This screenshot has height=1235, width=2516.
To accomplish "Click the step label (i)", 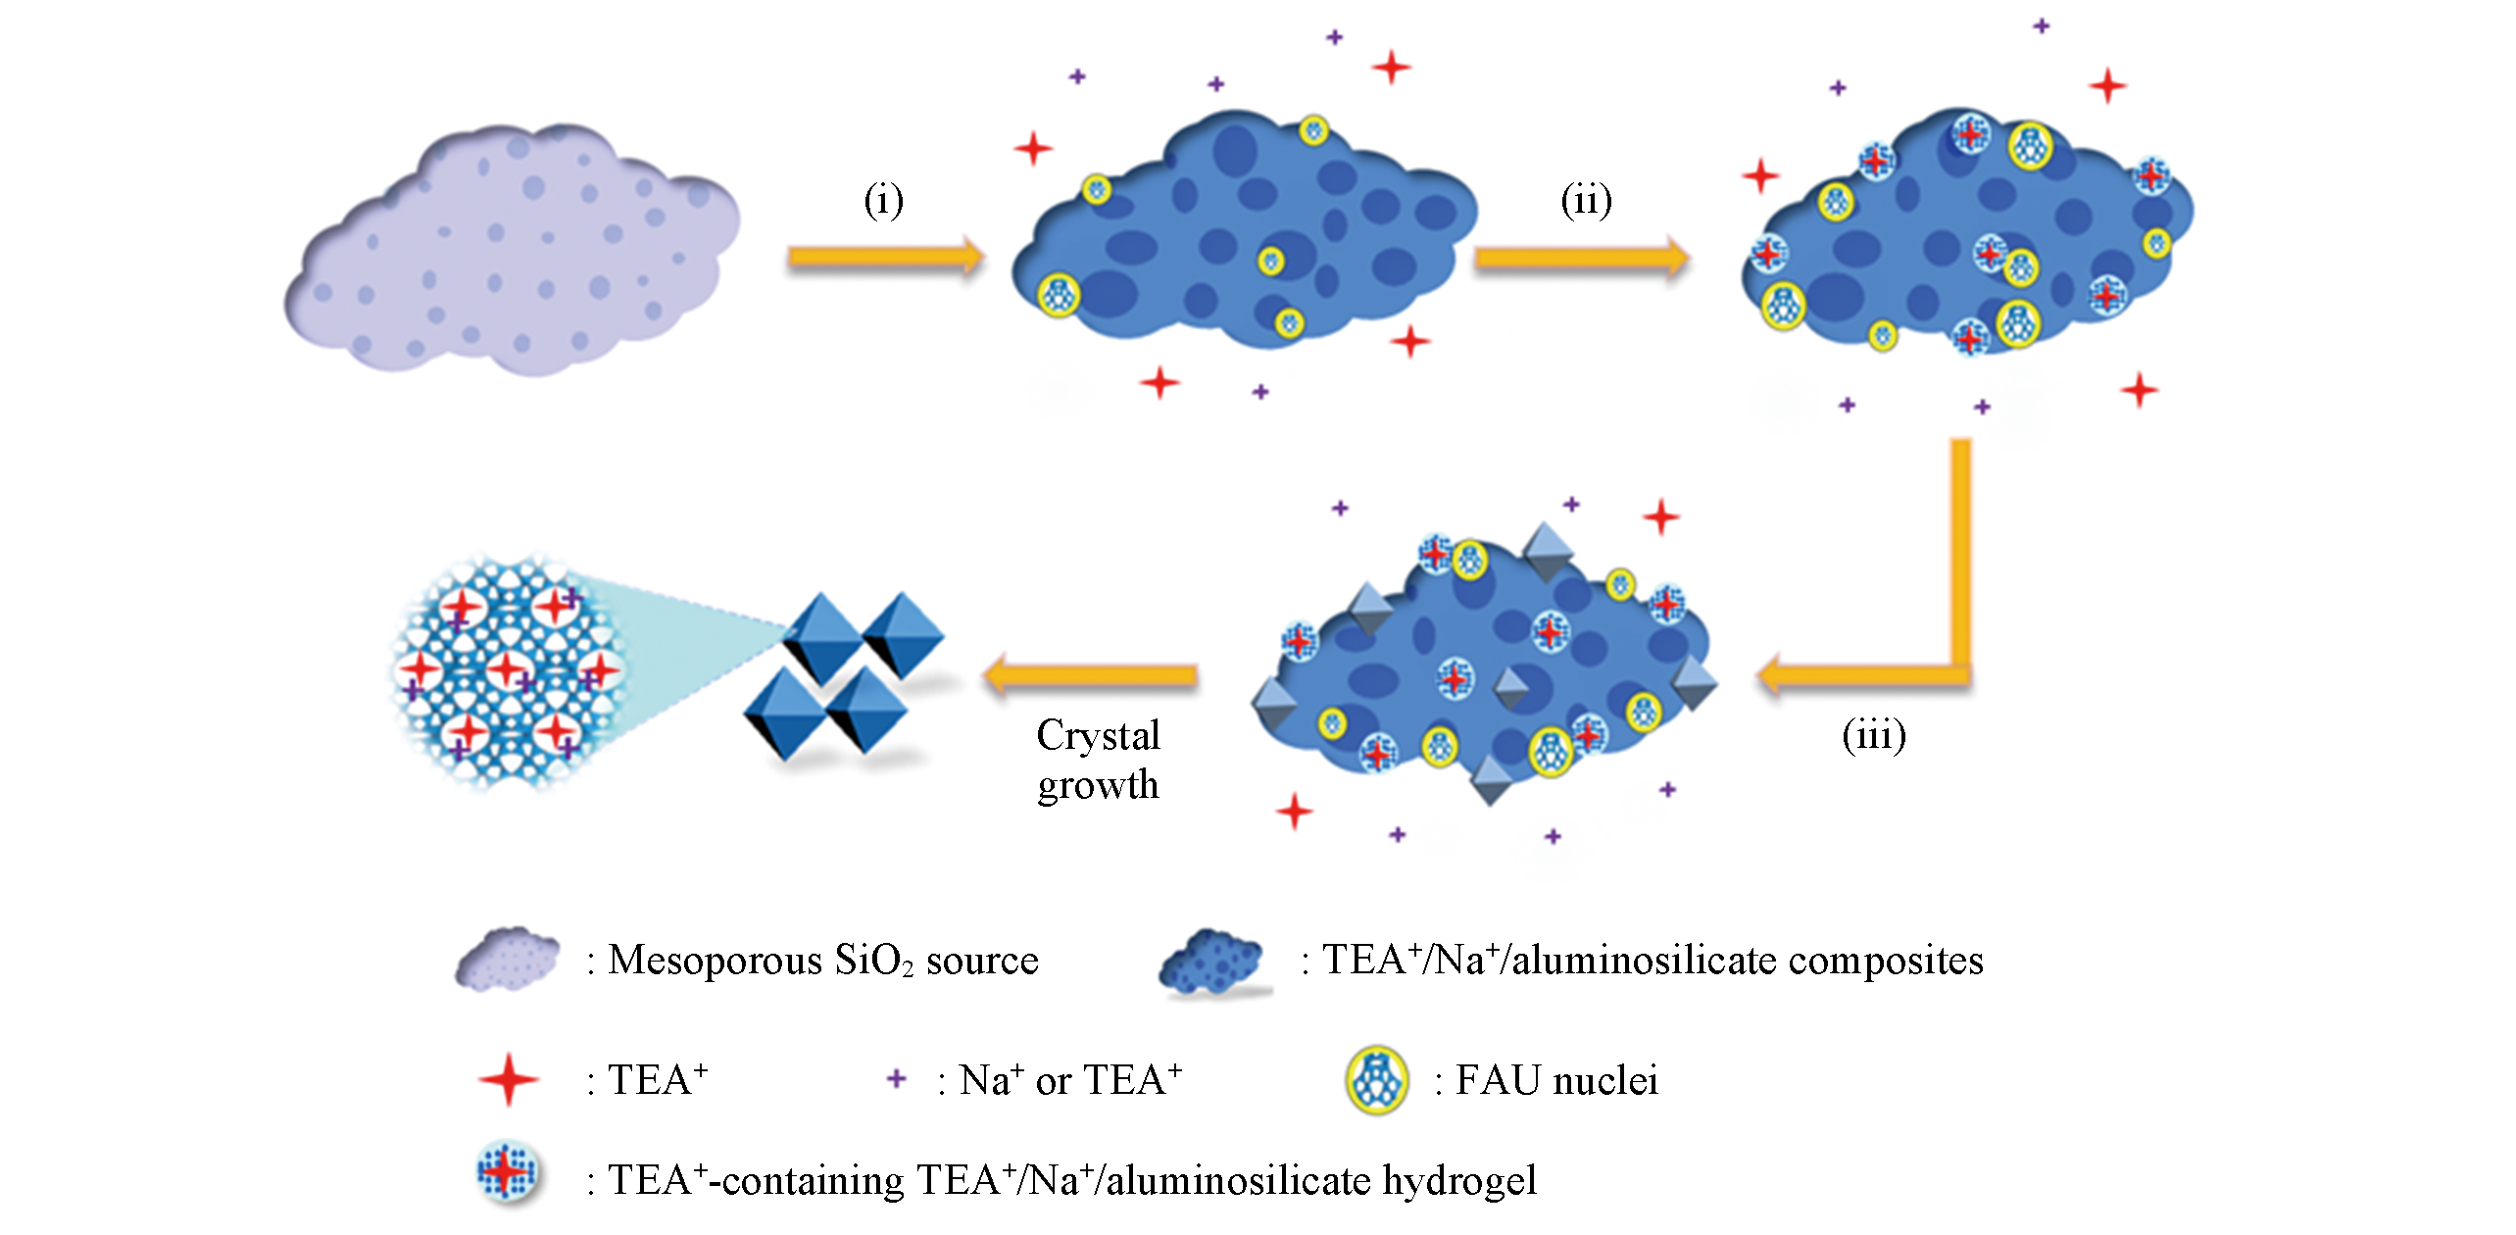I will [x=883, y=200].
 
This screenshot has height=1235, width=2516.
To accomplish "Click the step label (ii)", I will [x=1586, y=200].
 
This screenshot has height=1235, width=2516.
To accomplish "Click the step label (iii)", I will [x=1874, y=734].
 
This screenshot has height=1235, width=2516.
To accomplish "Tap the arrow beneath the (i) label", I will [x=885, y=257].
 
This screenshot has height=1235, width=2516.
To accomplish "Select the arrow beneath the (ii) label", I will [x=1582, y=258].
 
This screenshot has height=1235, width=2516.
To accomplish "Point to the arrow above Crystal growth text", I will [x=1090, y=675].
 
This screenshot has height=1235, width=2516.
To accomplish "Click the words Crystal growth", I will [x=1098, y=760].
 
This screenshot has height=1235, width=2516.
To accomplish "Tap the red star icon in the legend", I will [x=508, y=1080].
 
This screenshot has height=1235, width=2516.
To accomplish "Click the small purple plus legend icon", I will [x=896, y=1079].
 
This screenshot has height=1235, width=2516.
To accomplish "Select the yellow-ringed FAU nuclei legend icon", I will [x=1377, y=1080].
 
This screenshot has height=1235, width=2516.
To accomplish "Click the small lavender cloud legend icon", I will [x=507, y=958].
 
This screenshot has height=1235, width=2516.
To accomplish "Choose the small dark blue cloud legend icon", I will [x=1211, y=961].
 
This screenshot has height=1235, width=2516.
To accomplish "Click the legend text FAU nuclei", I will [x=1556, y=1080].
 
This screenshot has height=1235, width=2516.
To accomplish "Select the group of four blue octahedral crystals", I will [x=844, y=675].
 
